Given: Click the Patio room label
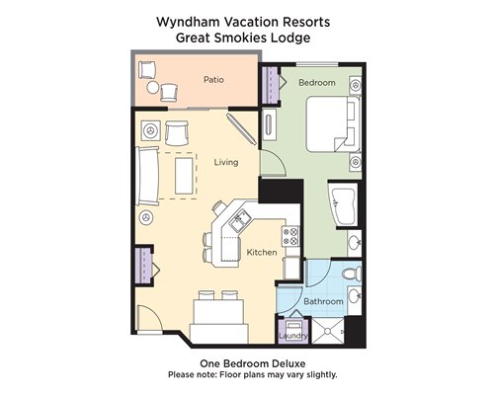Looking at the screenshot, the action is click(213, 80).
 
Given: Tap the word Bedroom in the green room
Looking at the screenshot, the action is click(317, 83).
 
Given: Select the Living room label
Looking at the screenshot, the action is click(226, 162).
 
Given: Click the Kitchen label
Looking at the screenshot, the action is click(262, 253).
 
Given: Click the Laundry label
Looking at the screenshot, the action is click(293, 336).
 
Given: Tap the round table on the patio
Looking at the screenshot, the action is click(153, 88).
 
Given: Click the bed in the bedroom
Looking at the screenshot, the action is click(333, 124).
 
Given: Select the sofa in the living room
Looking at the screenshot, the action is click(147, 176).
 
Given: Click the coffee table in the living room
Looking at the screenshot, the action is click(184, 176).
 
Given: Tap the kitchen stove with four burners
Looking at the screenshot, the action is click(290, 236).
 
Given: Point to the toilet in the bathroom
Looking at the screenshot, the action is click(352, 274).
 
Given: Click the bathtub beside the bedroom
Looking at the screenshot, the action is click(343, 204).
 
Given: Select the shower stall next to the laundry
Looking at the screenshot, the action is click(328, 330).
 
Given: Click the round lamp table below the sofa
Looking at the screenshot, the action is click(146, 217).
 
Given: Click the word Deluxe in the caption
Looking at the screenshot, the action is click(288, 363).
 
